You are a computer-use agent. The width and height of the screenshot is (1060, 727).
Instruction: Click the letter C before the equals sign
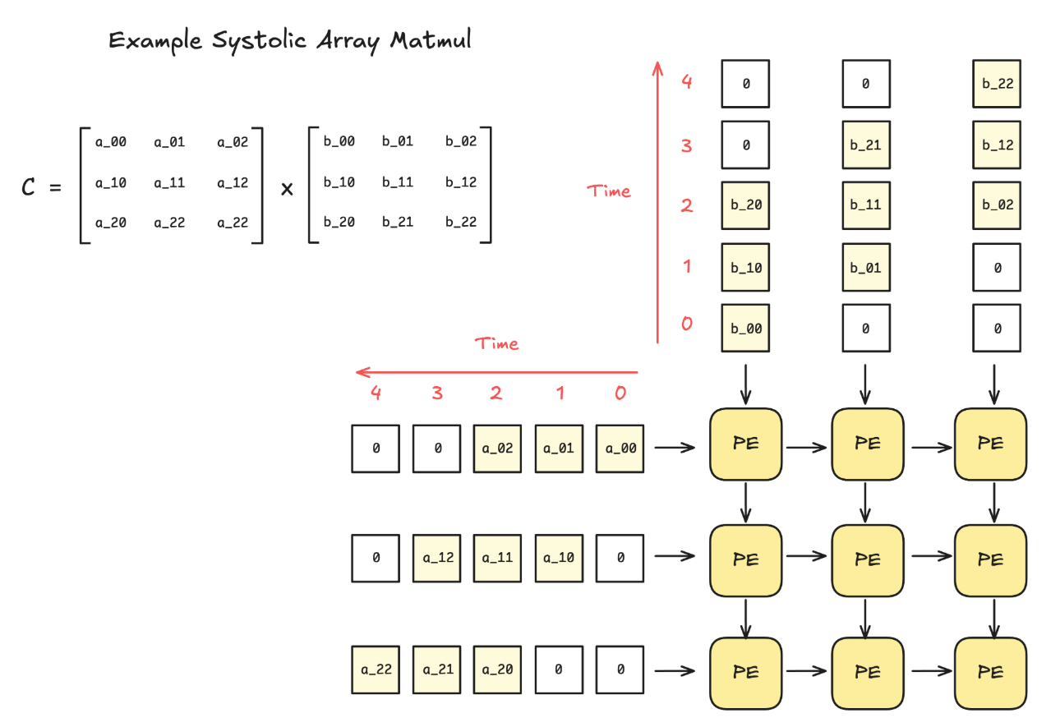pos(29,187)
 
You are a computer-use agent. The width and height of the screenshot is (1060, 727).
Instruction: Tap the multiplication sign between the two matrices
pos(287,188)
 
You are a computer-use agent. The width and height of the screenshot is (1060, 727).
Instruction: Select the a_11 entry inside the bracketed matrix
pos(169,182)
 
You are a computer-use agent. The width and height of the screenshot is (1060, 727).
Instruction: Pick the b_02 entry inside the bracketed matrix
pos(461,141)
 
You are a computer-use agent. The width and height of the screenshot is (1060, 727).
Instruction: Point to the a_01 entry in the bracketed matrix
pos(169,142)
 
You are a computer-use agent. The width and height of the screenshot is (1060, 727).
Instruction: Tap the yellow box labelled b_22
pos(997,84)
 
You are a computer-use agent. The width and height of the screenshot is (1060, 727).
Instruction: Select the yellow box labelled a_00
pos(620,449)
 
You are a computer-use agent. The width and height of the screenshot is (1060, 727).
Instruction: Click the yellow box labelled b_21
pos(866,145)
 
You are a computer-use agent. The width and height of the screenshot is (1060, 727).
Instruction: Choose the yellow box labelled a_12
pos(437,558)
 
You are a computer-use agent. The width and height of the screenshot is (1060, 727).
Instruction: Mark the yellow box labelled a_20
pos(497,669)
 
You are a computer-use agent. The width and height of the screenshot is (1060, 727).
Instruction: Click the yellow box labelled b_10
pos(746,268)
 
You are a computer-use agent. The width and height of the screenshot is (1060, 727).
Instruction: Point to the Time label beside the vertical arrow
pos(609,191)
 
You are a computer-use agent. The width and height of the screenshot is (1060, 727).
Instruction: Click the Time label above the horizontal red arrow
pos(496,343)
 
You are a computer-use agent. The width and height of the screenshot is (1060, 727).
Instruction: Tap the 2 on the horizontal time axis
pos(496,393)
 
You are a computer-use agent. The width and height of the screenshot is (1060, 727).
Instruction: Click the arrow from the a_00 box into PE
pos(676,448)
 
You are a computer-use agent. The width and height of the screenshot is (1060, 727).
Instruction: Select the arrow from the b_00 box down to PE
pos(745,383)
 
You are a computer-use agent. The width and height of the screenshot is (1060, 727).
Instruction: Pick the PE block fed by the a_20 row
pos(745,673)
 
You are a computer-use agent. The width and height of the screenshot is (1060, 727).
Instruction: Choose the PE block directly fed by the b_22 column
pos(990,444)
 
